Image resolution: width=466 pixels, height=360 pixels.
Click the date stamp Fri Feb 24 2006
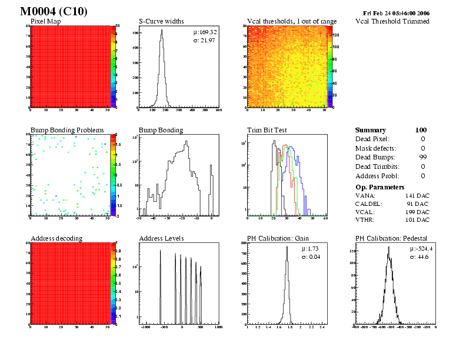tap(396, 12)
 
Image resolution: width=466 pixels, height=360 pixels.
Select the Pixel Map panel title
tap(49, 22)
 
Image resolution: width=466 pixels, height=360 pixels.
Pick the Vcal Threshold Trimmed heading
tap(392, 22)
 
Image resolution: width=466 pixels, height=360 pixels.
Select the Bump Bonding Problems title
tap(67, 130)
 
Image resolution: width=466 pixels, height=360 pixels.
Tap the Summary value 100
tap(421, 130)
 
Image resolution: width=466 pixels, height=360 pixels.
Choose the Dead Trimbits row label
tap(377, 166)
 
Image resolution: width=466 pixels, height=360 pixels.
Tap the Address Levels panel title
tap(161, 238)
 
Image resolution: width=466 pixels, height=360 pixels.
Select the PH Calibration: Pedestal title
tap(391, 238)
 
